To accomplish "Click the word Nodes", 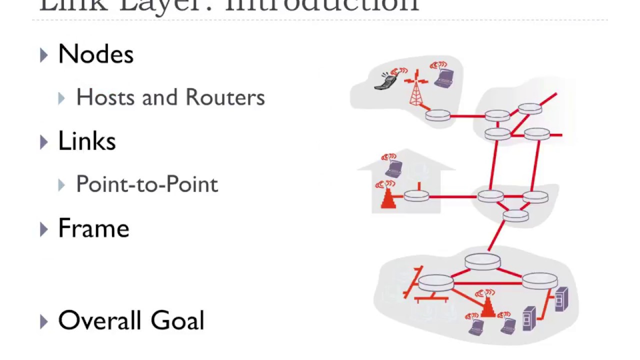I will click(95, 54).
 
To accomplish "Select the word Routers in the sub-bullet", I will click(225, 97).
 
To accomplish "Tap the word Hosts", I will click(106, 97).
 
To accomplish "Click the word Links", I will click(87, 141).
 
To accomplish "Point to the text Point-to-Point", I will click(147, 184).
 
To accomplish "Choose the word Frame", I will click(93, 228).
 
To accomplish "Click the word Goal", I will click(177, 320).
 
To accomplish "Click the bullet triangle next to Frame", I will click(44, 229).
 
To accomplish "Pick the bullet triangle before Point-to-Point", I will click(61, 185).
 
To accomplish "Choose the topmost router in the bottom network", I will click(482, 261).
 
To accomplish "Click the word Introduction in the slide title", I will click(322, 5).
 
